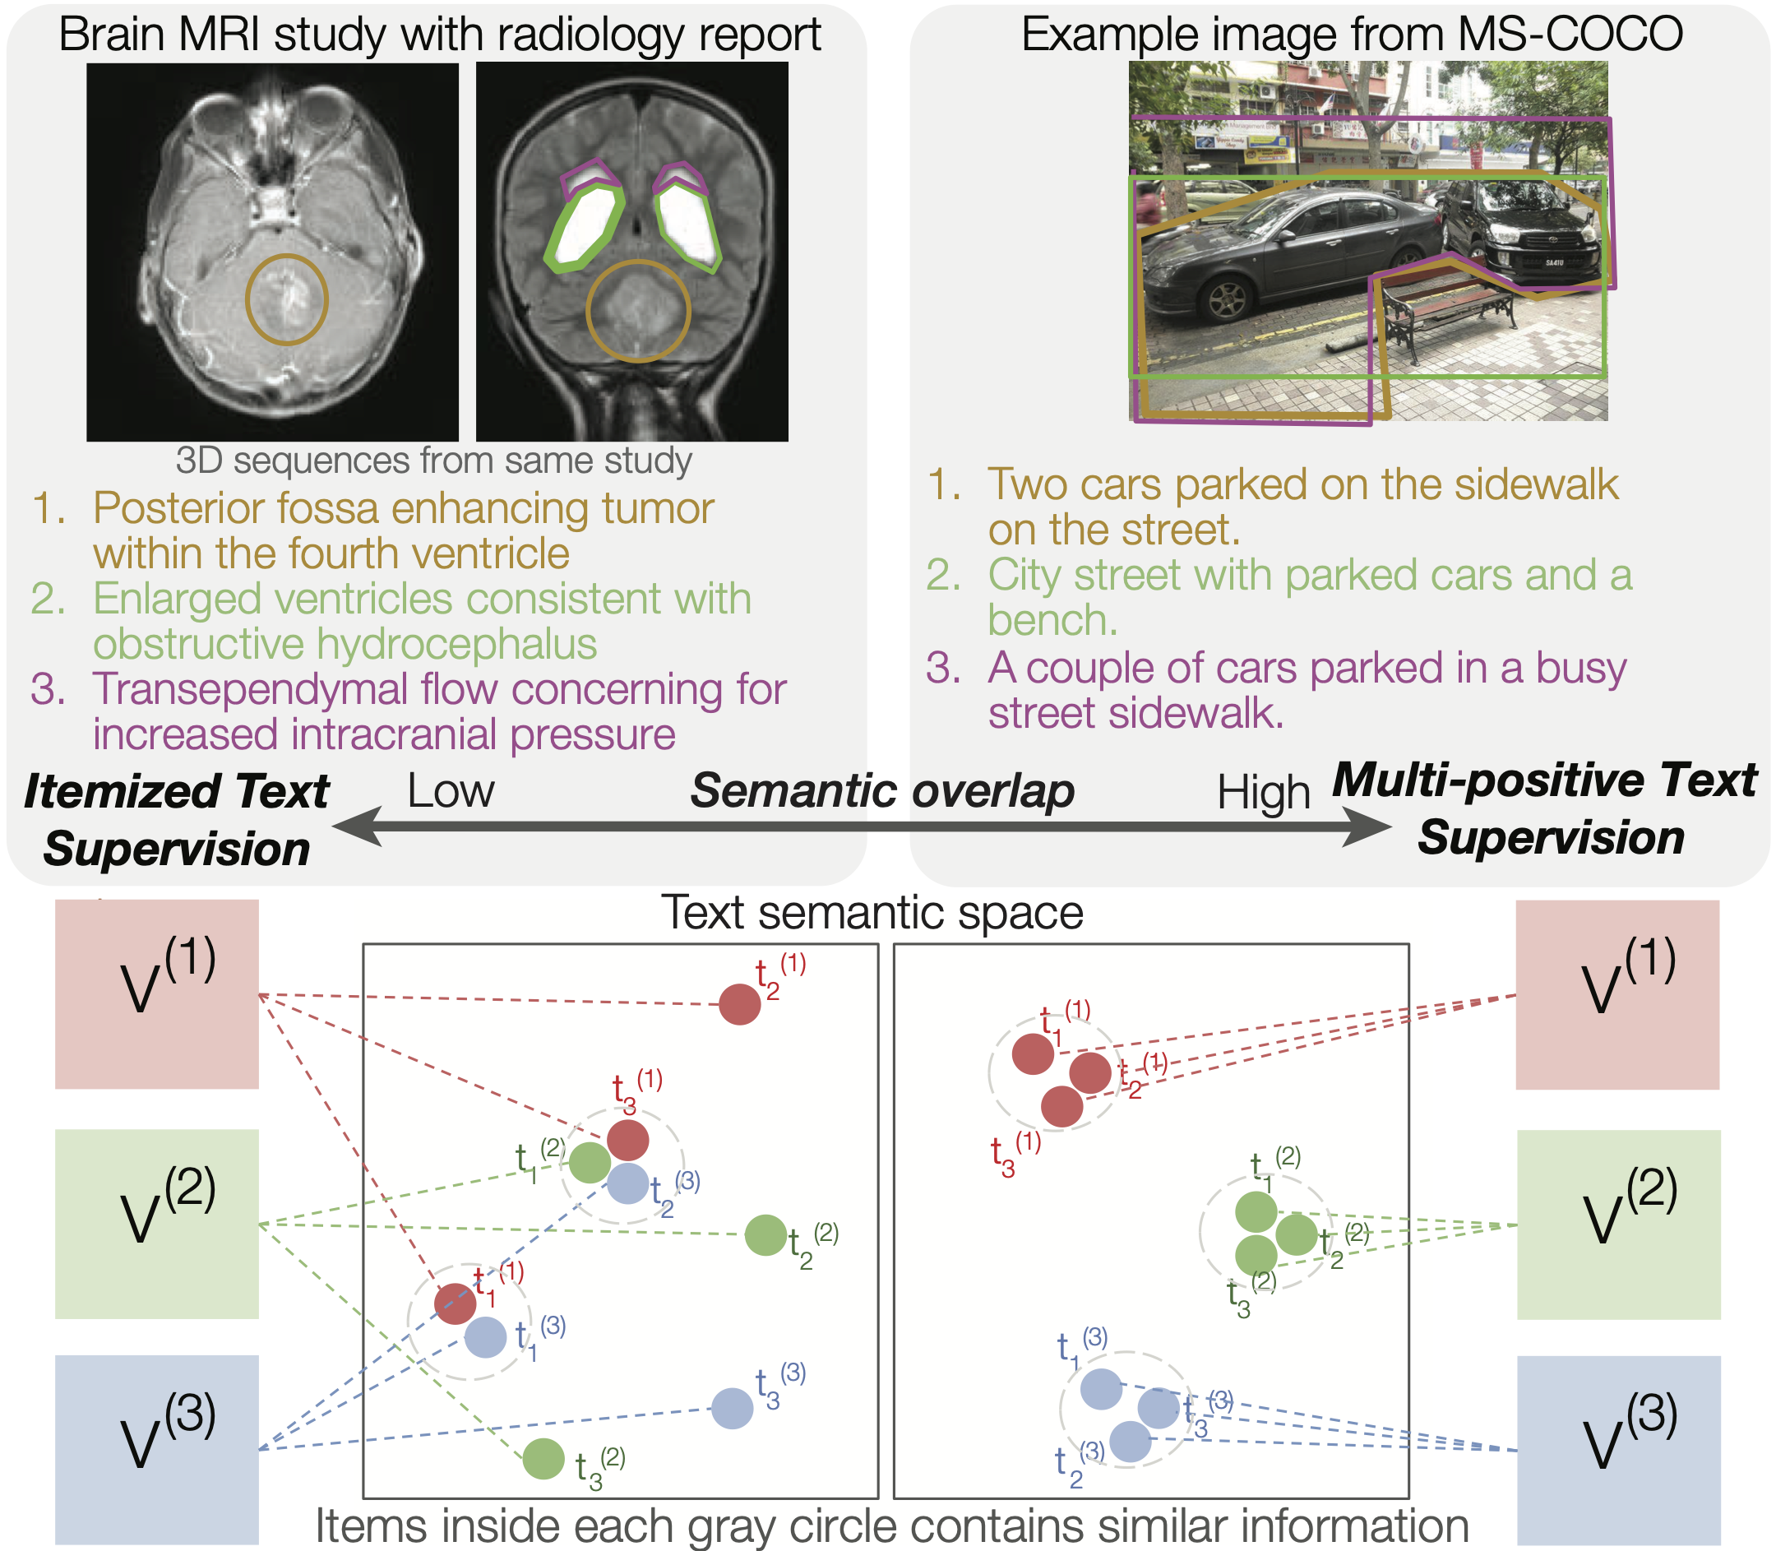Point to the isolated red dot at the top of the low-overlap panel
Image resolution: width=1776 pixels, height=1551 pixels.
739,1004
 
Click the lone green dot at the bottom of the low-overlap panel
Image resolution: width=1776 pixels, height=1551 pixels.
543,1459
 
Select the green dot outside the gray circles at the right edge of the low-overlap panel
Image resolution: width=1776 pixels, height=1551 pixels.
765,1235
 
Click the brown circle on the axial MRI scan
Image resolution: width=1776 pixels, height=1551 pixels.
286,299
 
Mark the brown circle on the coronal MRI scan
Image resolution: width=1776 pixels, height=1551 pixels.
638,310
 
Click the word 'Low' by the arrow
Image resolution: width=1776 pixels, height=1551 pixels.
450,791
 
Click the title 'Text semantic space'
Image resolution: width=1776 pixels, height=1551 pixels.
872,912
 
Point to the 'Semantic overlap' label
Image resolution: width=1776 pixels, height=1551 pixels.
882,791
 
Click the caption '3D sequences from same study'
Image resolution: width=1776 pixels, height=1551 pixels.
433,461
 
